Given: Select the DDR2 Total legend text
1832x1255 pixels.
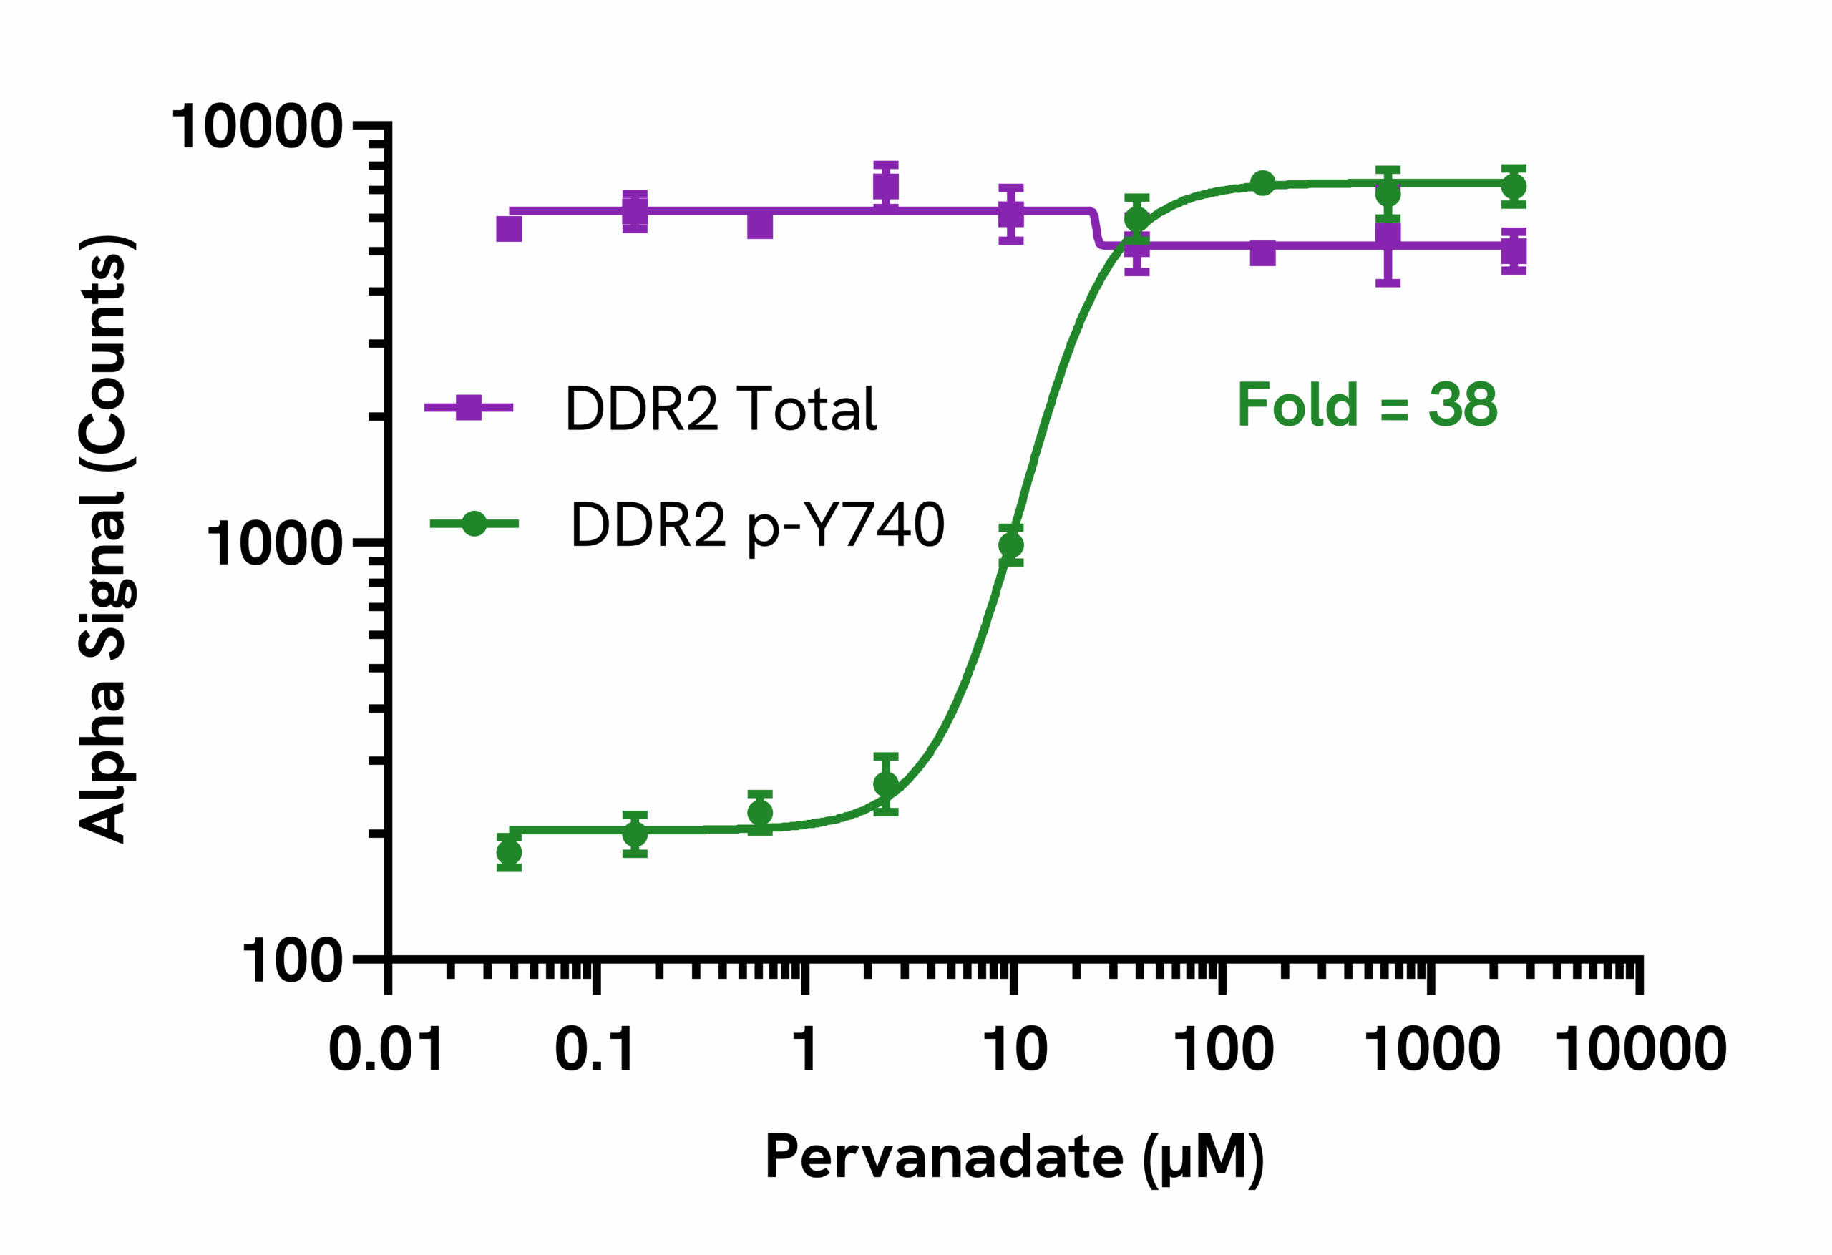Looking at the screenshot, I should point(721,409).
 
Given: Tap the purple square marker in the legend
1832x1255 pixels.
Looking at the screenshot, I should point(468,408).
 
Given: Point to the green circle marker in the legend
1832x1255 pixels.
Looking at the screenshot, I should point(474,524).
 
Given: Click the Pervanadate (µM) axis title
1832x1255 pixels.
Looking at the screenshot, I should point(1015,1157).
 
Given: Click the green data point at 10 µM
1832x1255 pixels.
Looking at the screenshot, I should point(1010,545).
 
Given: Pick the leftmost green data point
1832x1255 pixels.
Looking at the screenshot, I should point(510,852).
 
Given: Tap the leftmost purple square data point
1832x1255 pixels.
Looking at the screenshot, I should point(510,229).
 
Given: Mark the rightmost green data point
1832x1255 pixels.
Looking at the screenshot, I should point(1514,187).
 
